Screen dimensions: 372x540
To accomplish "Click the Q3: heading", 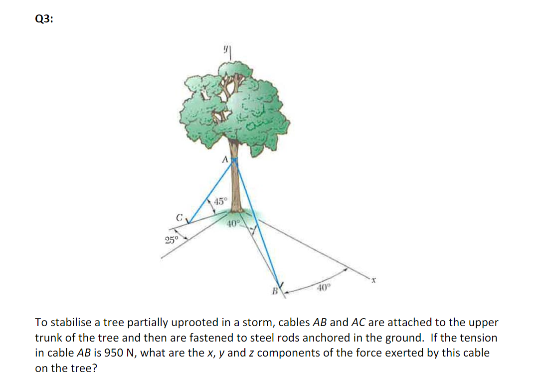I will point(45,19).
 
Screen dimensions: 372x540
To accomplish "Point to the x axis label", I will point(372,282).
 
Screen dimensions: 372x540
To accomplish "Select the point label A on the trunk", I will point(225,160).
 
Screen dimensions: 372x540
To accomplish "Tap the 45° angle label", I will point(220,202).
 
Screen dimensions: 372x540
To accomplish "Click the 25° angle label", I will point(171,240).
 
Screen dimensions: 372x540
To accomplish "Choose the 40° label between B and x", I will point(324,287).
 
